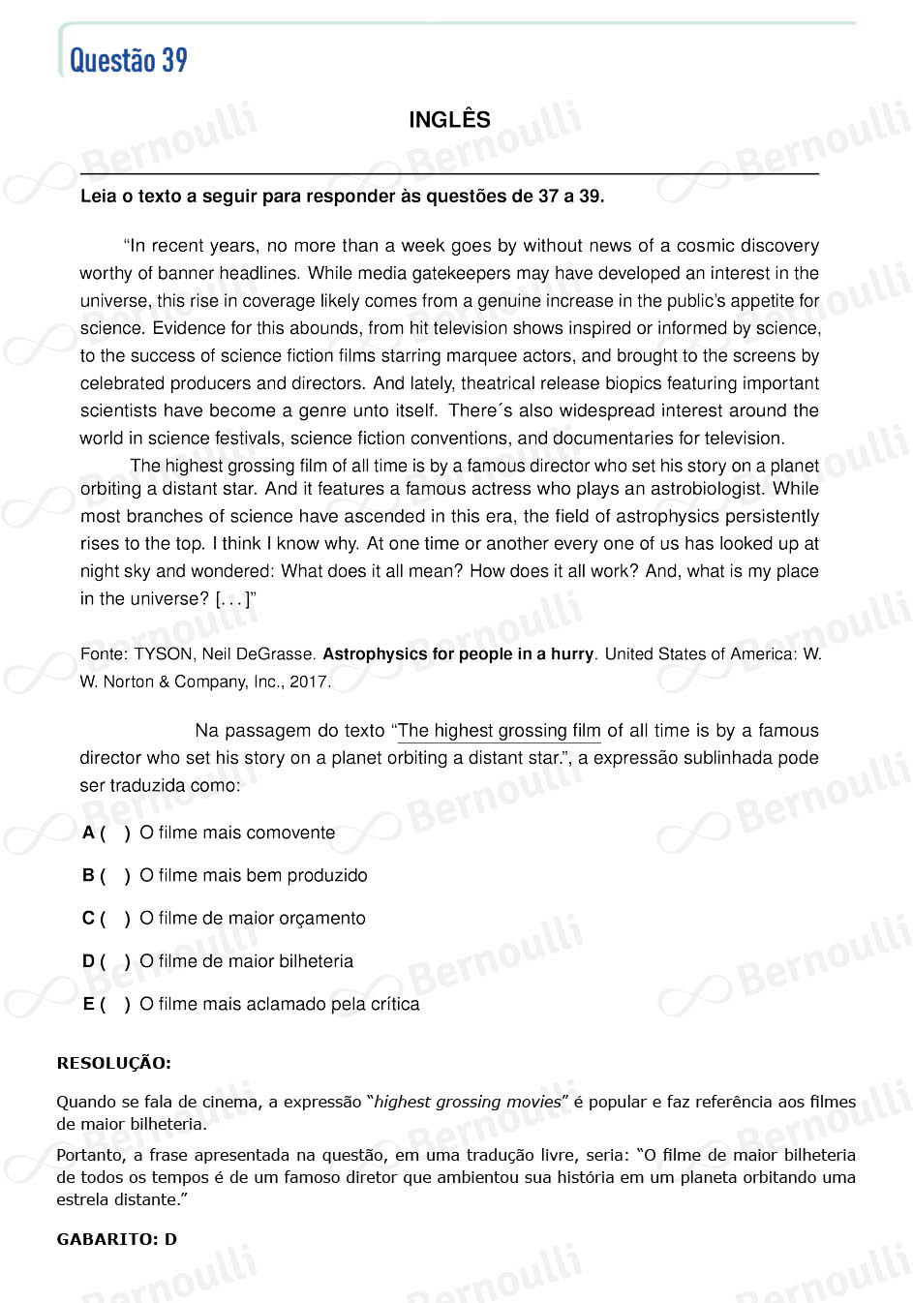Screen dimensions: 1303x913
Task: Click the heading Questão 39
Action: coord(129,60)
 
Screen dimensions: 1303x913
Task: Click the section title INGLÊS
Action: coord(449,120)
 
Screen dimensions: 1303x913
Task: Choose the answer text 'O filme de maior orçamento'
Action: coord(253,918)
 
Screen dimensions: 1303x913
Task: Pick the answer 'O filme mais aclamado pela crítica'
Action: coord(280,1004)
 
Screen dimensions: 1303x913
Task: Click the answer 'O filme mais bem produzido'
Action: coord(254,875)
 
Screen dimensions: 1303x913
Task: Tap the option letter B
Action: coord(88,875)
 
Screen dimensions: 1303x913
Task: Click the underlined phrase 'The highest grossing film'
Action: coord(500,731)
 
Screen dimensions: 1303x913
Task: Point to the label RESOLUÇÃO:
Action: coord(114,1063)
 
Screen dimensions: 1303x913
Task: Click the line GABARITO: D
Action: coord(117,1239)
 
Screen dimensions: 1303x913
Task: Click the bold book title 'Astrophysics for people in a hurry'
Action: coord(458,654)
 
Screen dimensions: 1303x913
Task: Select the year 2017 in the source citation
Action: coord(308,682)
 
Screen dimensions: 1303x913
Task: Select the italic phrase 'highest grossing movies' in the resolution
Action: coord(468,1102)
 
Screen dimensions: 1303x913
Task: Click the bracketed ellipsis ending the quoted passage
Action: coord(232,599)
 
